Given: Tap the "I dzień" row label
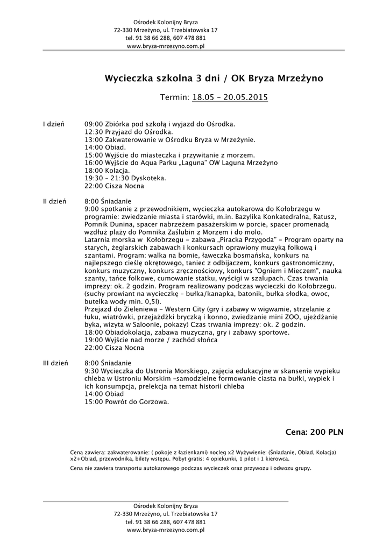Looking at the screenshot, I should [54, 124].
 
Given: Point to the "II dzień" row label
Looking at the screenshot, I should [55, 201].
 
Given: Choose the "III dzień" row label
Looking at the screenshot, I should [55, 363].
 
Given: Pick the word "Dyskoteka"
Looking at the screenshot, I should [150, 178].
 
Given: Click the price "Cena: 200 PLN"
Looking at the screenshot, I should [315, 432].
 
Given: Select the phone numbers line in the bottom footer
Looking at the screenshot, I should [166, 522].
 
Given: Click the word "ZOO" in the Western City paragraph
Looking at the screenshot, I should [281, 317].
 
